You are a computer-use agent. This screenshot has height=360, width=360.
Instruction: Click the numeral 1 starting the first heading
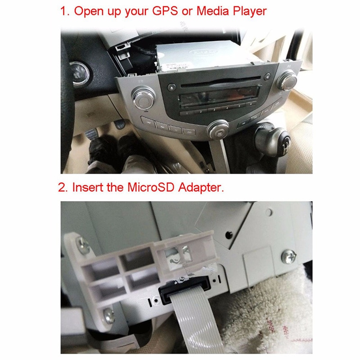(63, 11)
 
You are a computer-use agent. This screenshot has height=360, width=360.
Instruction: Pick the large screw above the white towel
(288, 257)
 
